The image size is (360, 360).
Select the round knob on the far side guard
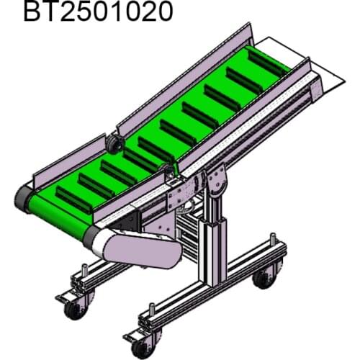click(113, 145)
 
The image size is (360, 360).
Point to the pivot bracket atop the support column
click(215, 181)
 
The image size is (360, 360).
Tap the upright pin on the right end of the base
click(272, 237)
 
